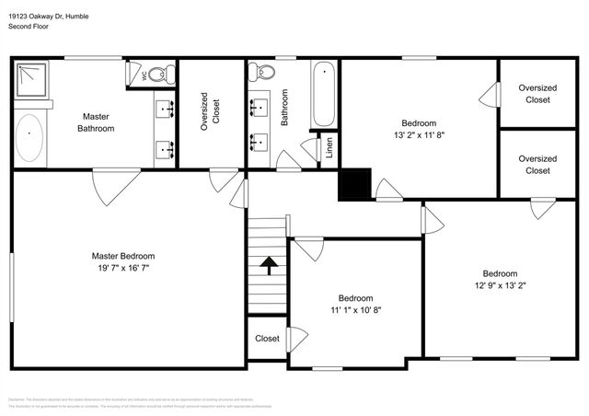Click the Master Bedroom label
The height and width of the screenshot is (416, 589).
point(122,256)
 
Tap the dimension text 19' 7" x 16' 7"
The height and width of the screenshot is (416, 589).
point(122,268)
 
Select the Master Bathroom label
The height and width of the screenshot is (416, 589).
point(96,122)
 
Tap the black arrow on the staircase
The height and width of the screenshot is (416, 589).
point(268,266)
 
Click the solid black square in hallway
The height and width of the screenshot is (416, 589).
point(354,184)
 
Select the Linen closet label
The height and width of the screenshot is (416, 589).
point(330,148)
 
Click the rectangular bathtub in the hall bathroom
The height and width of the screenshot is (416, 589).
point(323,95)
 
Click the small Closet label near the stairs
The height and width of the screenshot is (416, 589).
point(267,339)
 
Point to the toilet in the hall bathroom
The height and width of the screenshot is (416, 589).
point(261,73)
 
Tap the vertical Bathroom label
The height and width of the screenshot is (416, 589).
point(284,108)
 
